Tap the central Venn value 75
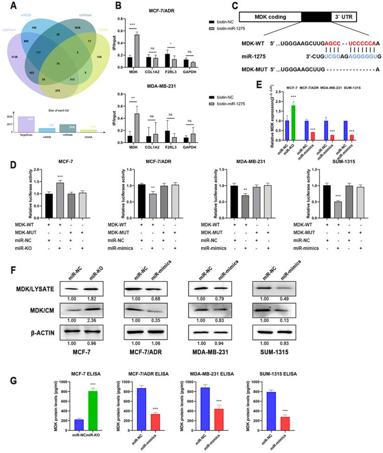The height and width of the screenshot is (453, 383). click(58, 62)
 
